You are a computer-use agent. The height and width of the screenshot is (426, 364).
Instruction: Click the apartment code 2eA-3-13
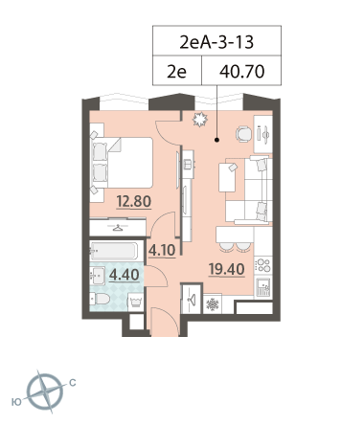216,42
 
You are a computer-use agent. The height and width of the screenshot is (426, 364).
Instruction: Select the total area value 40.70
241,71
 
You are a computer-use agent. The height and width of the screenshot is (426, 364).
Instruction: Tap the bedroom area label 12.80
134,201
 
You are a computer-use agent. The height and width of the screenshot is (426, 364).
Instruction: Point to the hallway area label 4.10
162,251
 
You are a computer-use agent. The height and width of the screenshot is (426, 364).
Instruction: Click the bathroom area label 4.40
125,275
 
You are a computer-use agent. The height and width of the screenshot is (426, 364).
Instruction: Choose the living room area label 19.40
226,270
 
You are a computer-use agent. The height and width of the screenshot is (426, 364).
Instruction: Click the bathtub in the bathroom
114,251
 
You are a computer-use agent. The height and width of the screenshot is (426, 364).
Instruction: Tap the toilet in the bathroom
100,299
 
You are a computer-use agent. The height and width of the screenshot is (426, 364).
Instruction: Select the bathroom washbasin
98,276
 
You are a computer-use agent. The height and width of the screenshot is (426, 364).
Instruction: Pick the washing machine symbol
135,302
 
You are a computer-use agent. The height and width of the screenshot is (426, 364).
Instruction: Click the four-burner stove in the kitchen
263,265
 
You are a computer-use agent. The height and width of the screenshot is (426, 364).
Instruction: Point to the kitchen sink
263,286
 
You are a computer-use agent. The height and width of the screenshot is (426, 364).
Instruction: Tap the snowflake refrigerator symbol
212,304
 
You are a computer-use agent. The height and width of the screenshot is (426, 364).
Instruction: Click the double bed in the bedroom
122,163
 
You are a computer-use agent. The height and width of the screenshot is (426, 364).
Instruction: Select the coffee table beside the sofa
228,177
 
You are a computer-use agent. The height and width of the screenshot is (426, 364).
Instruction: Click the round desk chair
243,134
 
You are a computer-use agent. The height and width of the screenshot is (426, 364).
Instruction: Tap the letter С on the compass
73,382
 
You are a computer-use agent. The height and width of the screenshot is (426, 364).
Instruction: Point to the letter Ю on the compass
16,402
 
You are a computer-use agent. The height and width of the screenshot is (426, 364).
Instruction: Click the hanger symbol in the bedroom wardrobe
118,228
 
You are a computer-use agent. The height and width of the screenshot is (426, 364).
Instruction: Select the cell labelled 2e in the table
176,71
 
